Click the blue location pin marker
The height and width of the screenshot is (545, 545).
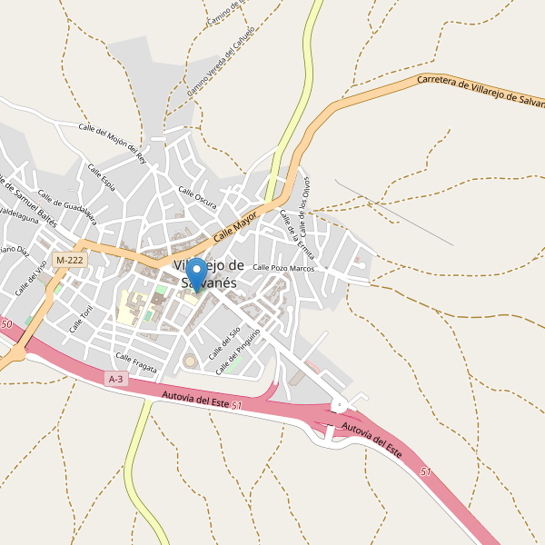(x=196, y=273)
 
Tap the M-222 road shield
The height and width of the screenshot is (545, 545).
(x=69, y=260)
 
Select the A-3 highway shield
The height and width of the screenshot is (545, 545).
(x=115, y=379)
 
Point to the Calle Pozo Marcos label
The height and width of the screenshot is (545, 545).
(x=282, y=268)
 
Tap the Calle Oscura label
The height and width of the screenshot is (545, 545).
(x=197, y=197)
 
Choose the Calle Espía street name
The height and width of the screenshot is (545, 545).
(x=101, y=176)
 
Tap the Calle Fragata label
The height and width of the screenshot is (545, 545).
(x=136, y=362)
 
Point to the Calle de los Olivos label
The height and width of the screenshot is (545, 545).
(x=305, y=202)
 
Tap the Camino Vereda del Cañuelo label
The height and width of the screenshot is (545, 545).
(x=221, y=62)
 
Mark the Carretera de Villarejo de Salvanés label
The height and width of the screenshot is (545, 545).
(x=480, y=91)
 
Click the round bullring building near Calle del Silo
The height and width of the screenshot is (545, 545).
(x=192, y=362)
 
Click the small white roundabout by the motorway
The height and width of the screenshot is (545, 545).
(x=339, y=405)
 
